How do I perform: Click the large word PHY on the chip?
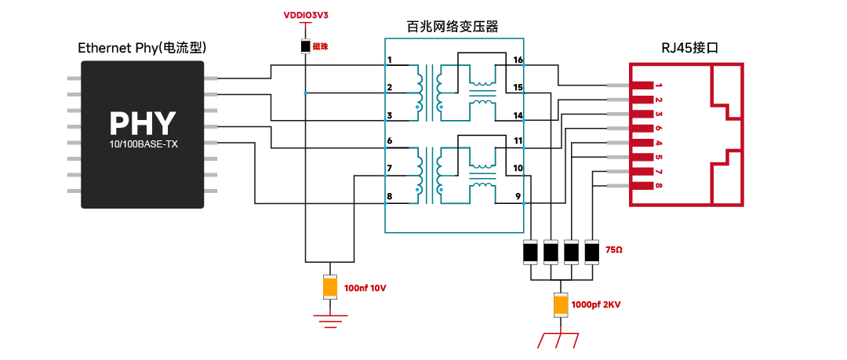tap(143, 123)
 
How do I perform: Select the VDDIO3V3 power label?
tap(306, 16)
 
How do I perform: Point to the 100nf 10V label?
tap(365, 288)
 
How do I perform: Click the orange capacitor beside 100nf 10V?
tap(329, 287)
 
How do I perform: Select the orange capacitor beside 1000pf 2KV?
tap(562, 305)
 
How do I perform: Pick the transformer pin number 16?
tap(518, 60)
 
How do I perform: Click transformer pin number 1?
tap(390, 60)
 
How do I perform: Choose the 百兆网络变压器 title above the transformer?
tap(453, 27)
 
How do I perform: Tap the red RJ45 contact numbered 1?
tap(642, 85)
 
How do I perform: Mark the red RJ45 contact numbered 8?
tap(642, 186)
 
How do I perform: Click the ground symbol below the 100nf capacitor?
tap(329, 321)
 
